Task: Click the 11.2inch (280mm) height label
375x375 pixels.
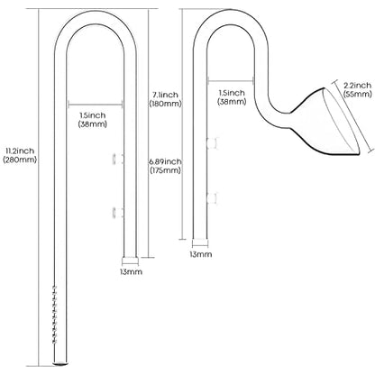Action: (20, 155)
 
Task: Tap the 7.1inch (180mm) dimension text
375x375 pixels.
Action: (165, 99)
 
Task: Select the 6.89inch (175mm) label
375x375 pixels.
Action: (165, 166)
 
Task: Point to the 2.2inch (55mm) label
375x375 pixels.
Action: (358, 89)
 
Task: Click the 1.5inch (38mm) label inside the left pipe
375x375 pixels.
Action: (93, 120)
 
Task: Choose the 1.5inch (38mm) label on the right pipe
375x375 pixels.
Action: (232, 97)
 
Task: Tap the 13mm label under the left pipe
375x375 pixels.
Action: (131, 272)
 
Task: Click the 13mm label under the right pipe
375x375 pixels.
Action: (200, 254)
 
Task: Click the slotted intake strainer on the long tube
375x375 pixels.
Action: (54, 315)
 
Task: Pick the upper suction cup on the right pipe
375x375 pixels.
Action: (212, 143)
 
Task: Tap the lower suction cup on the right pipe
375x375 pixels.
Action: (212, 198)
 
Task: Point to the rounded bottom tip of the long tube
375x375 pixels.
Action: (59, 364)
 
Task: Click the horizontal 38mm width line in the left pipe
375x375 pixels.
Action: (96, 105)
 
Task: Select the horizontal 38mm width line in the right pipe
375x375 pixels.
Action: (231, 80)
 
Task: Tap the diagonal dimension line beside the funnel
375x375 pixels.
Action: (354, 117)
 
